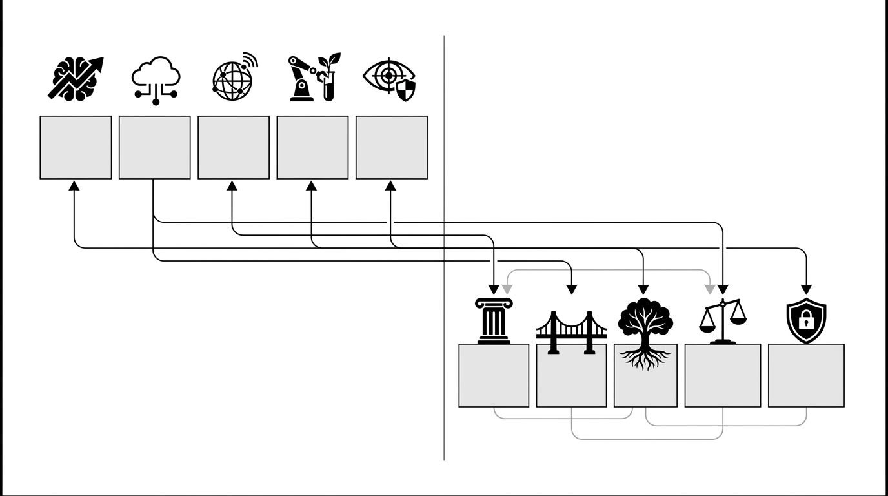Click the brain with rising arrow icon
pos(76,78)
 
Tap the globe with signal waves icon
pos(234,77)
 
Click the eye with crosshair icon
pos(389,79)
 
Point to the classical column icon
pos(494,320)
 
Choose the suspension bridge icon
pos(571,331)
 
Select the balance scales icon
pos(723,320)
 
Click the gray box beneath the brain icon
pos(76,147)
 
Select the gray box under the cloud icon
pos(155,147)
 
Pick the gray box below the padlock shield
pos(806,375)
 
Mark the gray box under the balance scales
pos(723,375)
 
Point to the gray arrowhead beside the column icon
pos(507,289)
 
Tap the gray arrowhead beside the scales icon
pos(710,289)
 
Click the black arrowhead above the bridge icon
pos(571,289)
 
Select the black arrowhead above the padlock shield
pos(806,289)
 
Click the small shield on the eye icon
pos(406,92)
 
